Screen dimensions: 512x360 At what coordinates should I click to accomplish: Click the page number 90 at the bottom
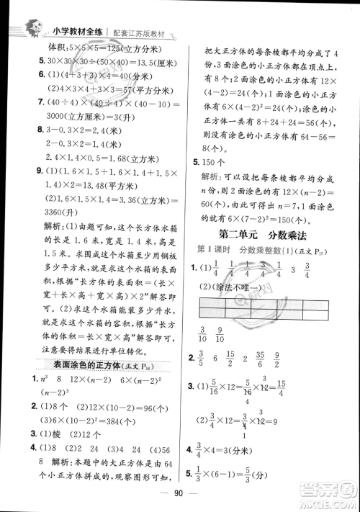coord(180,498)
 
